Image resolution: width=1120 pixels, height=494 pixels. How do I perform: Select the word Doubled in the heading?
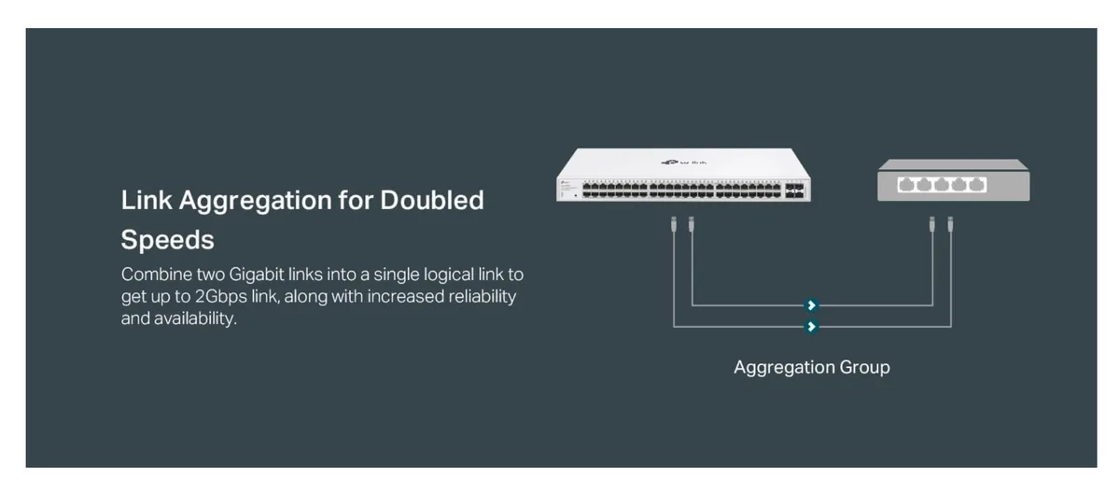tap(432, 200)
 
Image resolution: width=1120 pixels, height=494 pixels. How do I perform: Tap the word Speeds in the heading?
tap(167, 241)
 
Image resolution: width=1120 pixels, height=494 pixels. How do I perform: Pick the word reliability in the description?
tap(482, 297)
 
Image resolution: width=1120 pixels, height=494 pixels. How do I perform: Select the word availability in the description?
tap(195, 318)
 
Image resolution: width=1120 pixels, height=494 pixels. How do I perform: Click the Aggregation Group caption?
tap(811, 368)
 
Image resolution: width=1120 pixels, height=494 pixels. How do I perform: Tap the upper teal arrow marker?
tap(811, 305)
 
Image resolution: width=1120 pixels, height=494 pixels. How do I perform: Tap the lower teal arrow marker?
tap(811, 327)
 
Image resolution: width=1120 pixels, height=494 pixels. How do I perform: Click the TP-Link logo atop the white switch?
tap(683, 162)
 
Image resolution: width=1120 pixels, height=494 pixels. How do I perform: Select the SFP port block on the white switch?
tap(794, 191)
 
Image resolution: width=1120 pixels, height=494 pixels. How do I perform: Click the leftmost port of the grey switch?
tap(906, 185)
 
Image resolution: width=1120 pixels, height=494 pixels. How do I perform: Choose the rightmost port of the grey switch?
tap(976, 185)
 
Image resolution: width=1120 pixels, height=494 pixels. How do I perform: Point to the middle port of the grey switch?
tap(942, 185)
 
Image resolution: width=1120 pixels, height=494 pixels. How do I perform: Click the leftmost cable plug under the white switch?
tap(674, 224)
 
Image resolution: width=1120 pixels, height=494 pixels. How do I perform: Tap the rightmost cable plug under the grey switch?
tap(950, 224)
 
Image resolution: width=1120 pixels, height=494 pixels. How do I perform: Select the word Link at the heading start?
tap(147, 200)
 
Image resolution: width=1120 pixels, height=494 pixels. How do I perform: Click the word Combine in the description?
tap(157, 275)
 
